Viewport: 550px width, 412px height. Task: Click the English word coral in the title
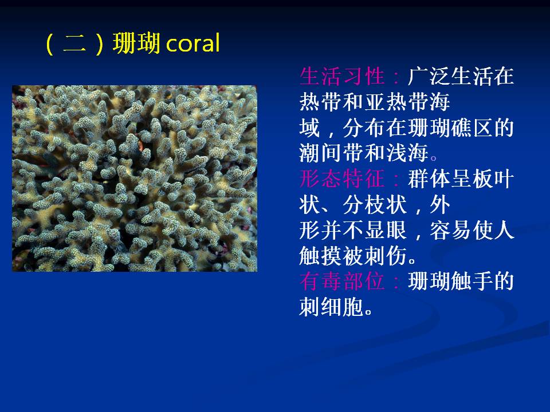[x=193, y=43]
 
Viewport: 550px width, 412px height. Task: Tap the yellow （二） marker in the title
[x=74, y=43]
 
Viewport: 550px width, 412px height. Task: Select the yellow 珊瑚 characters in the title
[x=136, y=43]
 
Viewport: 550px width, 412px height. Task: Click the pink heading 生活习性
[x=342, y=76]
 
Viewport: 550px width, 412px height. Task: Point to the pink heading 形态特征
[x=342, y=179]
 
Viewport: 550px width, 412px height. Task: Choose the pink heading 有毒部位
[x=342, y=281]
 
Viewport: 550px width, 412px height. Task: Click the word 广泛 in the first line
[x=429, y=76]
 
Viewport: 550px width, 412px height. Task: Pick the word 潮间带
[x=332, y=153]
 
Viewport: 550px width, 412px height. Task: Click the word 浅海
[x=407, y=153]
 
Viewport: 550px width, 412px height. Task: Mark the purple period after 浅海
[x=434, y=158]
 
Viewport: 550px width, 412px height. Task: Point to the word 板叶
[x=493, y=179]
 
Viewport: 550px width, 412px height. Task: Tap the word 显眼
[x=386, y=230]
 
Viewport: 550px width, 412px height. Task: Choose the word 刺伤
[x=386, y=255]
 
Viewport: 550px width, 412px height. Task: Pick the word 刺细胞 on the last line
[x=332, y=307]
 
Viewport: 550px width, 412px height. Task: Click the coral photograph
[x=135, y=179]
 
